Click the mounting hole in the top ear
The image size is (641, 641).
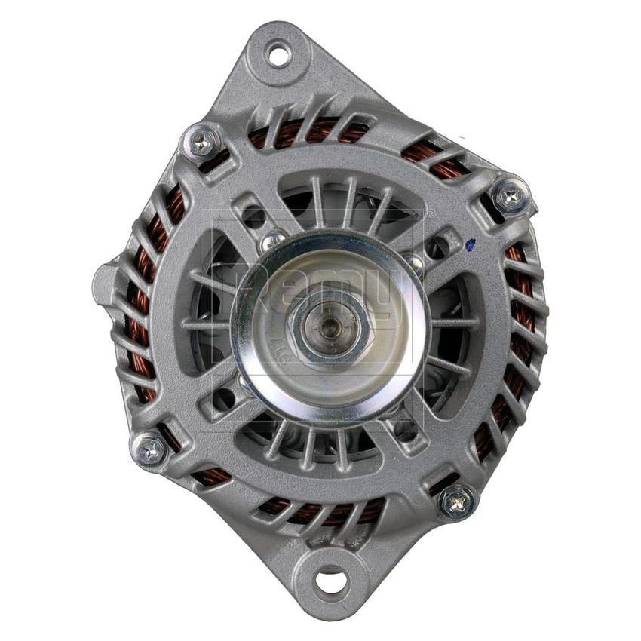pos(279,54)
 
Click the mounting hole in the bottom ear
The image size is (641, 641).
pos(330,581)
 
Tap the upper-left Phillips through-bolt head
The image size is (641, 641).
pos(202,142)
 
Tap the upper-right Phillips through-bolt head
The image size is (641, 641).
pos(510,196)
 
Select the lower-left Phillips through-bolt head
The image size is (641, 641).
pos(150,449)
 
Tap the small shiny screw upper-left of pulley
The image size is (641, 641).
pos(272,241)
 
